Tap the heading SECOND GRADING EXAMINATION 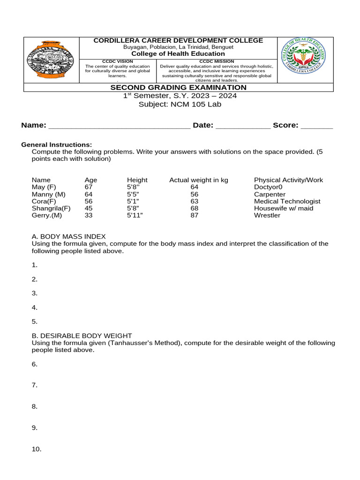point(178,88)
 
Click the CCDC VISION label point(117,61)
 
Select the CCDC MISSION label point(217,61)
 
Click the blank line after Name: point(120,126)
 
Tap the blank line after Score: point(316,126)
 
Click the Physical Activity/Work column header point(288,180)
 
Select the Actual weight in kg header point(199,180)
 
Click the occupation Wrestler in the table point(267,215)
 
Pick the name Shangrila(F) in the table point(51,208)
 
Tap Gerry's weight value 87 point(195,215)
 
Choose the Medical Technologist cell point(287,201)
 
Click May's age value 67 point(89,187)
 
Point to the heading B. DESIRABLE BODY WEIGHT point(82,336)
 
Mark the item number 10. point(37,449)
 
